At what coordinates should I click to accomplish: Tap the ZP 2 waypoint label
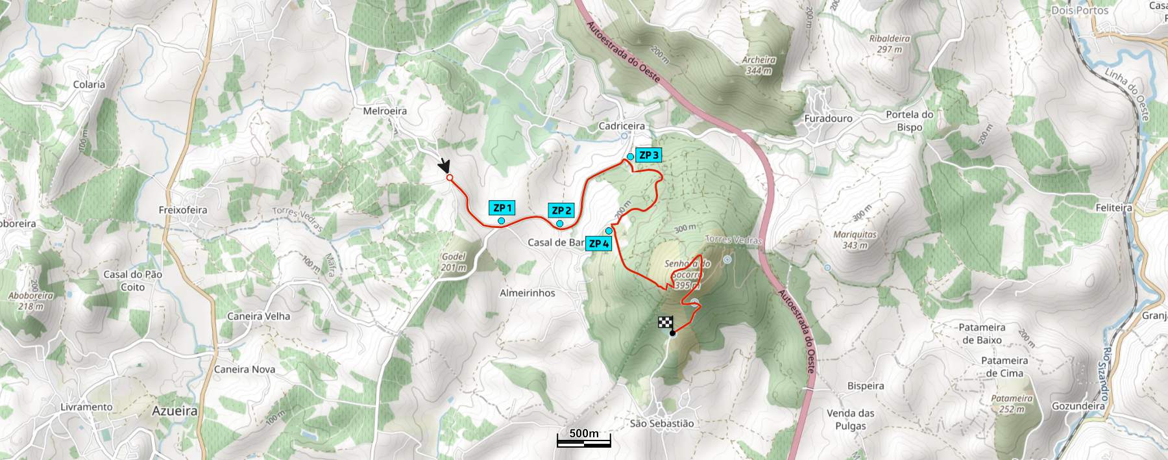(x=561, y=211)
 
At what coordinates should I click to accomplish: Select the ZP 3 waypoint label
(x=648, y=155)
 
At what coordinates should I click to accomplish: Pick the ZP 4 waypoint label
(x=598, y=244)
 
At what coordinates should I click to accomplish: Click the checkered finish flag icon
(x=666, y=322)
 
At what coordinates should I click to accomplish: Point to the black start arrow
(x=444, y=165)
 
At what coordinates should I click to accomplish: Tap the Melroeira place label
(x=385, y=111)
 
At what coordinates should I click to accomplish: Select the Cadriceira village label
(x=622, y=126)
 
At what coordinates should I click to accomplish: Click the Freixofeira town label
(x=183, y=210)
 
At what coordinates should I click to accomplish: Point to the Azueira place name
(x=175, y=411)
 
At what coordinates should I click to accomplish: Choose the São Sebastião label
(x=662, y=424)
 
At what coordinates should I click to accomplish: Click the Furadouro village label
(x=828, y=119)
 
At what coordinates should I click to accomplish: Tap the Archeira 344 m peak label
(x=759, y=65)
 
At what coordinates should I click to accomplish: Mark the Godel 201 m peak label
(x=454, y=262)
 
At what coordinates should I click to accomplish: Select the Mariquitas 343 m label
(x=855, y=240)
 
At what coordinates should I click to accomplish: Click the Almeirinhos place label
(x=528, y=293)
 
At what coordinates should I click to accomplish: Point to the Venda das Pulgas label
(x=850, y=420)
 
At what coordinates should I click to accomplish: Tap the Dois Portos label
(x=1080, y=10)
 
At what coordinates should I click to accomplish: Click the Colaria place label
(x=89, y=84)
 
